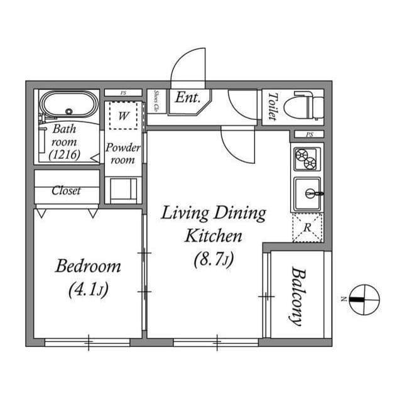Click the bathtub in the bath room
pos(68,104)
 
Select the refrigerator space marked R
pos(307,227)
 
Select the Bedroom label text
pos(88,266)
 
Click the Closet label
pos(66,191)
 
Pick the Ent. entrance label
pos(187,98)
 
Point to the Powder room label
pos(122,154)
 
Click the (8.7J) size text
pos(213,258)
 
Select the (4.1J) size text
pos(87,290)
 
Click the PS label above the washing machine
pos(123,93)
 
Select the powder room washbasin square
pos(123,189)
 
